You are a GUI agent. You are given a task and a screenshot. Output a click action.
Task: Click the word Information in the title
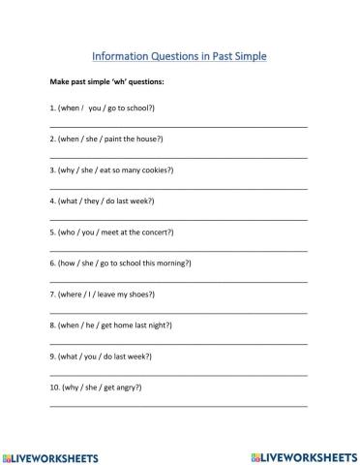pyautogui.click(x=121, y=55)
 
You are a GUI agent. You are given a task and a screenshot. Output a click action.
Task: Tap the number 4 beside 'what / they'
pyautogui.click(x=51, y=201)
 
